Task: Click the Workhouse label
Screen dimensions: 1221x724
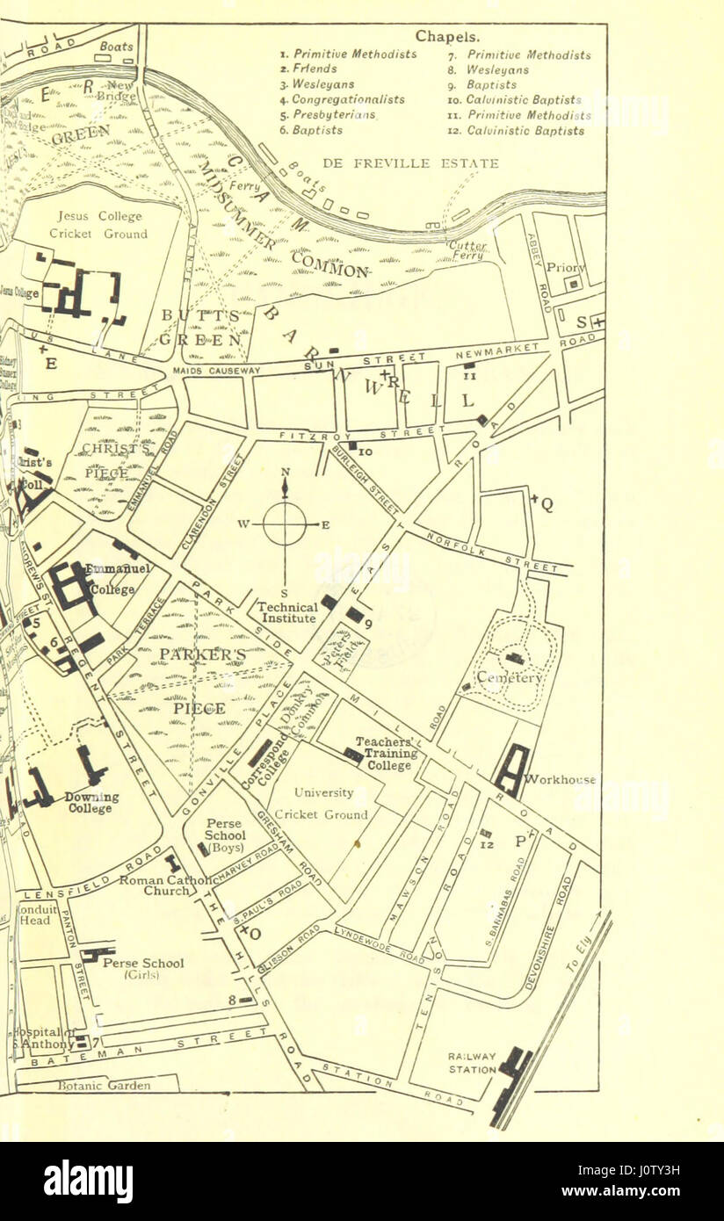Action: coord(560,779)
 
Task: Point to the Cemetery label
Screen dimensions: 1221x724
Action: coord(512,678)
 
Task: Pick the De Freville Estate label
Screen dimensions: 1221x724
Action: coord(410,163)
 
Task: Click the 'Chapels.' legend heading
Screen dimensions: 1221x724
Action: coord(447,37)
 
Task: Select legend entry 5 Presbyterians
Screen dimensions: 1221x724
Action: coord(328,115)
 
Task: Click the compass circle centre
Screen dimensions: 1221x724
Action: coord(285,524)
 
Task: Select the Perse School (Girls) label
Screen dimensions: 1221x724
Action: coord(143,968)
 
